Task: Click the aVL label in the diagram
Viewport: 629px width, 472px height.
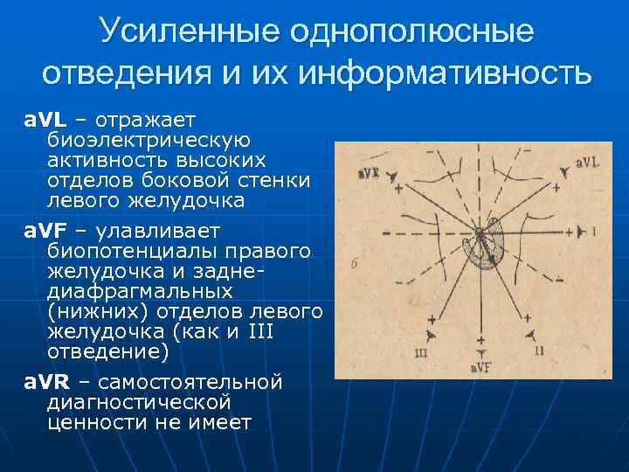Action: pos(587,163)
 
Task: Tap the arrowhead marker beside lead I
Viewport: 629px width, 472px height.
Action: pos(578,232)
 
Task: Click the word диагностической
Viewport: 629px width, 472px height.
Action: pos(140,402)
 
